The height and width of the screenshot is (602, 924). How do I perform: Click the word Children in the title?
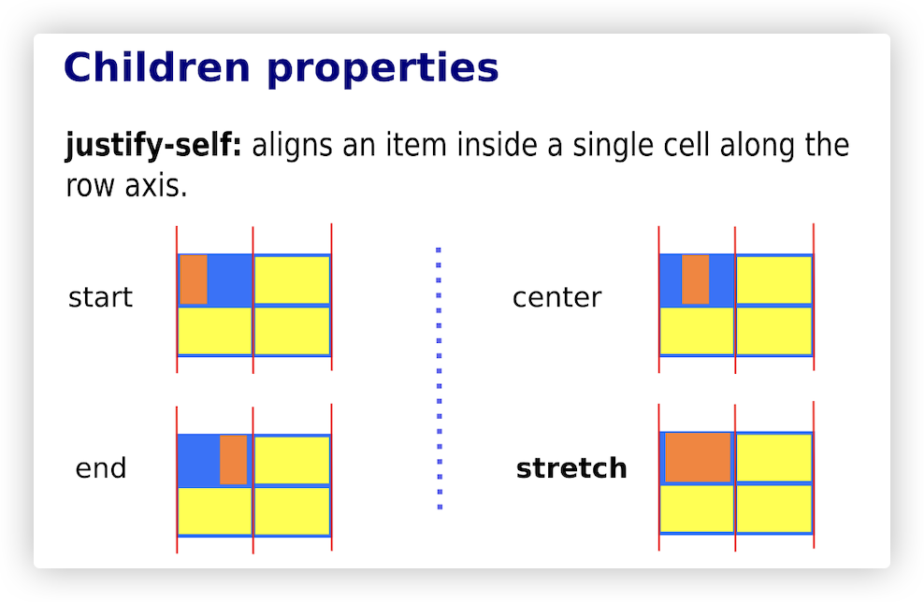tap(157, 67)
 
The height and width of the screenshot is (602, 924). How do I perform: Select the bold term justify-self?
tap(153, 146)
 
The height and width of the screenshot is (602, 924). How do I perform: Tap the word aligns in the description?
tap(293, 146)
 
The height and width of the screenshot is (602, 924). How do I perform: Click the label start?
tap(100, 297)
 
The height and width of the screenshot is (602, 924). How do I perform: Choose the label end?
tap(101, 469)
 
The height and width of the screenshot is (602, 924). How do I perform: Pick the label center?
tap(556, 297)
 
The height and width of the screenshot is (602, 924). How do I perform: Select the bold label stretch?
tap(571, 469)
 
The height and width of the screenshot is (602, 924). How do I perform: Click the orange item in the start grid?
tap(194, 279)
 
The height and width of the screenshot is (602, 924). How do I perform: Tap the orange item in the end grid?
tap(234, 460)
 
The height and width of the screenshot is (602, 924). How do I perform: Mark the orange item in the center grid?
tap(696, 279)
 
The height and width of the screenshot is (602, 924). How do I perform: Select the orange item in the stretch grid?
tap(698, 458)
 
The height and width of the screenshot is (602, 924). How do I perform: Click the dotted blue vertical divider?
tap(439, 378)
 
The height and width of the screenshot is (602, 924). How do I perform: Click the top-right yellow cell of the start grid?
tap(292, 279)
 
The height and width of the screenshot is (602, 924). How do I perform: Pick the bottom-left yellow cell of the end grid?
tap(214, 510)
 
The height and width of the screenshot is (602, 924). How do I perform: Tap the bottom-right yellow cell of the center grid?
tap(773, 331)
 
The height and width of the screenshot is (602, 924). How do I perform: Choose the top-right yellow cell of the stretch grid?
tap(773, 458)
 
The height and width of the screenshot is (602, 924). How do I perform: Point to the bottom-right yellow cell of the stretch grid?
tap(773, 509)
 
